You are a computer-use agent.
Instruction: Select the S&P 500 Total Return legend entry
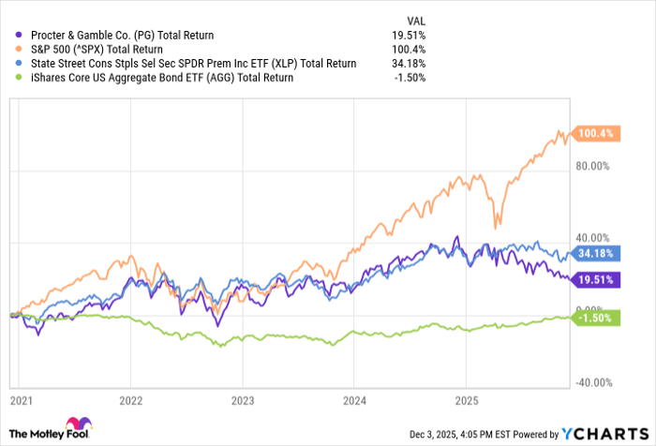(x=109, y=50)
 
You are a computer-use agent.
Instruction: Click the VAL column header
(x=413, y=19)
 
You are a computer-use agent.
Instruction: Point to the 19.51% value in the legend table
(x=410, y=36)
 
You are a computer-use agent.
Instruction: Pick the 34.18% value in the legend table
(x=410, y=64)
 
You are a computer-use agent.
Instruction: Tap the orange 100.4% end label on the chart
(x=596, y=134)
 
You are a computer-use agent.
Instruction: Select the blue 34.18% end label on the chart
(x=596, y=254)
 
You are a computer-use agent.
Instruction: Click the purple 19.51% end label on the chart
(x=596, y=279)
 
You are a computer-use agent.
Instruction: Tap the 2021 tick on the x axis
(x=19, y=400)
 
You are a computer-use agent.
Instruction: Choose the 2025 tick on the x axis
(x=466, y=400)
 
